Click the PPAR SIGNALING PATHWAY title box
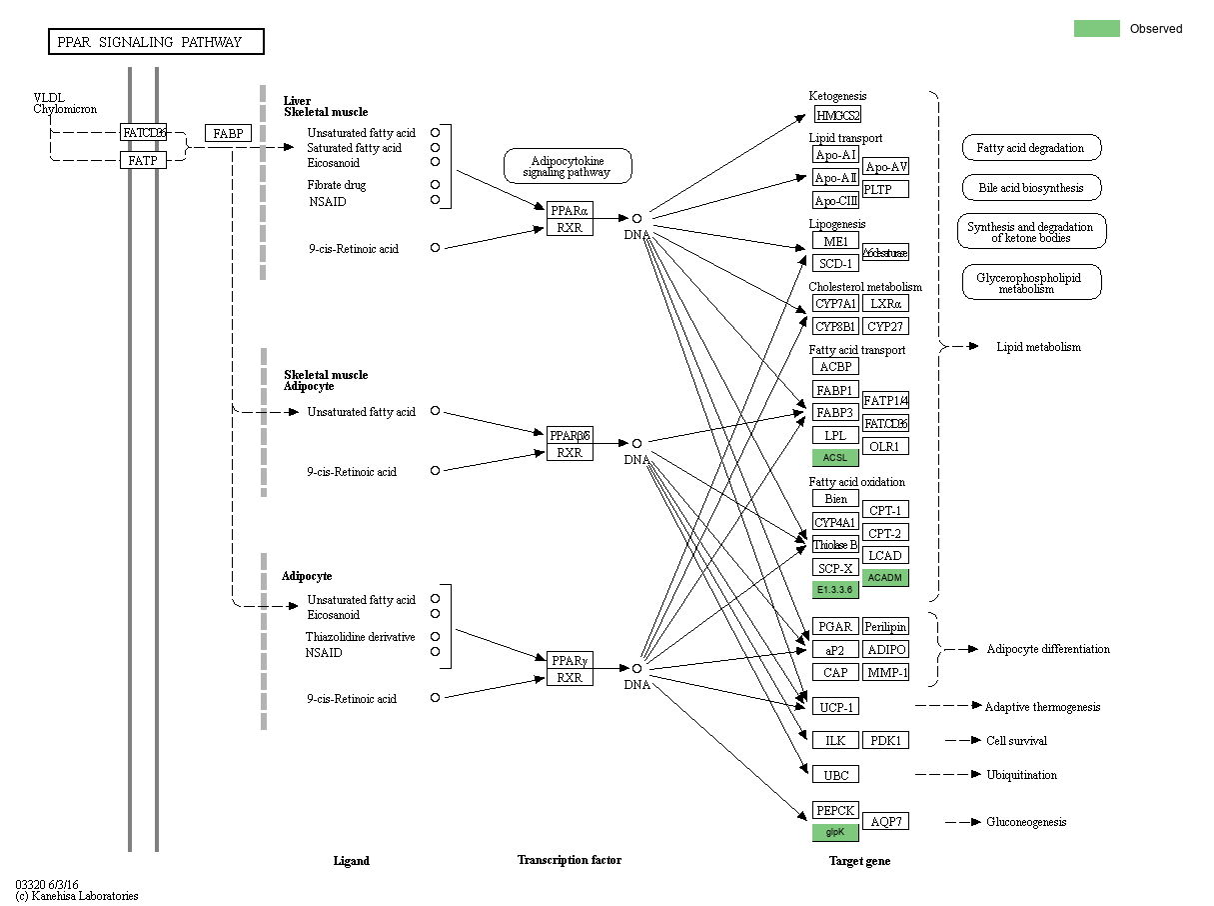pyautogui.click(x=157, y=42)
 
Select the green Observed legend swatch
pyautogui.click(x=1096, y=29)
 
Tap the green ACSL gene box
pyautogui.click(x=835, y=458)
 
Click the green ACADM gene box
pyautogui.click(x=885, y=577)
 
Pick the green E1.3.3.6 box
pyautogui.click(x=835, y=590)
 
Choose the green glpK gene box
pyautogui.click(x=835, y=832)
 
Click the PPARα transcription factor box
pyautogui.click(x=570, y=210)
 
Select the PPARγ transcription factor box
pyautogui.click(x=570, y=660)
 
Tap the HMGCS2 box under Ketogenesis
pyautogui.click(x=837, y=115)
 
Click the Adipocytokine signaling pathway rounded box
pyautogui.click(x=568, y=166)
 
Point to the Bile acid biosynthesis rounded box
pyautogui.click(x=1031, y=187)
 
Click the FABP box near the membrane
pyautogui.click(x=228, y=133)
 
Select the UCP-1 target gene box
pyautogui.click(x=835, y=707)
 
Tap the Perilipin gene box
pyautogui.click(x=885, y=626)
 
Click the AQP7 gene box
pyautogui.click(x=885, y=821)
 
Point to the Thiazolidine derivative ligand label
pyautogui.click(x=360, y=637)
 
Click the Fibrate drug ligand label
pyautogui.click(x=337, y=185)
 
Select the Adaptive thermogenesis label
pyautogui.click(x=1042, y=707)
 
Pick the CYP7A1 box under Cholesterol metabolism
pyautogui.click(x=835, y=304)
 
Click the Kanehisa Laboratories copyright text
pyautogui.click(x=77, y=896)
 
